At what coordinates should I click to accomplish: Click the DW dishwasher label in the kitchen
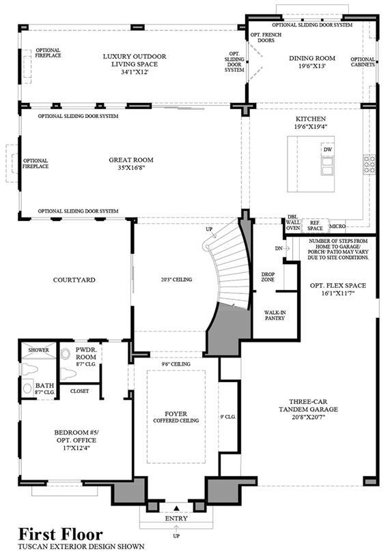coord(328,149)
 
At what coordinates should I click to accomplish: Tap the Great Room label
coord(131,160)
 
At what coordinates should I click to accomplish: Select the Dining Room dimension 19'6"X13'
coord(312,66)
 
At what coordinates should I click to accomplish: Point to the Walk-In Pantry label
coord(275,315)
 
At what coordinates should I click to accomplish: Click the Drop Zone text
coord(268,276)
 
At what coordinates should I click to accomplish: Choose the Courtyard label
coord(74,280)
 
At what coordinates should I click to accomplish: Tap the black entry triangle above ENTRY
coord(177,508)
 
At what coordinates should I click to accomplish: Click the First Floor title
coord(61,534)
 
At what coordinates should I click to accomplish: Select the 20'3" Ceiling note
coord(176,280)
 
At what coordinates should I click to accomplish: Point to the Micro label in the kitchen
coord(337,226)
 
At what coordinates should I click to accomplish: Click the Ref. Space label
coord(315,226)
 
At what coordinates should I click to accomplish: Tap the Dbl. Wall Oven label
coord(293,222)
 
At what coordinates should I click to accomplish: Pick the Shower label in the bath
coord(39,350)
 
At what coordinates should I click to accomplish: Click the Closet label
coord(79,391)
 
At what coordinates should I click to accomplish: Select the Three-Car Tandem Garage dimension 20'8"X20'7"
coord(308,418)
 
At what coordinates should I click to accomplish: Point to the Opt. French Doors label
coord(266,38)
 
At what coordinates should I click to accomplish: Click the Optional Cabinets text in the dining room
coord(363,62)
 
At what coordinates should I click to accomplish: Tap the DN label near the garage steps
coord(279,248)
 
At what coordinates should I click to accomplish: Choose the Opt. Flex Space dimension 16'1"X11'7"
coord(338,293)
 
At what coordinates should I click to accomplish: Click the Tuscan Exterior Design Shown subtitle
coord(81,546)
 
